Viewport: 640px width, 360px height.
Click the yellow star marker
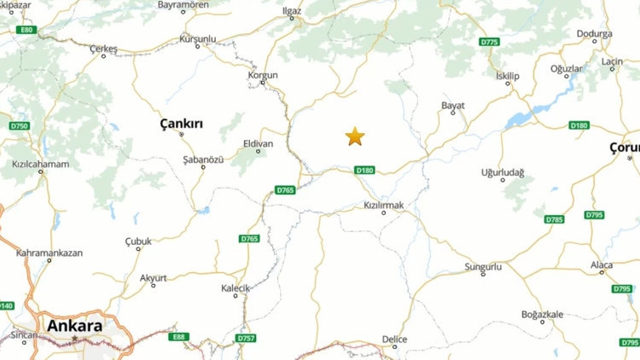[355, 136]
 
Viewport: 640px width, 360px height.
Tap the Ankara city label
[74, 326]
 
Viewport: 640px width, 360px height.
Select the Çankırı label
[182, 125]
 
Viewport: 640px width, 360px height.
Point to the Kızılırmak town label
[383, 206]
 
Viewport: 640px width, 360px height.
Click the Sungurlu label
[483, 268]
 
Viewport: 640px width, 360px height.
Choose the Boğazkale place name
[542, 314]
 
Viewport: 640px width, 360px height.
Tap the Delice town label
[394, 339]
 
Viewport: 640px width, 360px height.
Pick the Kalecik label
[236, 288]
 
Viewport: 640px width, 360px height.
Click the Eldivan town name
[258, 143]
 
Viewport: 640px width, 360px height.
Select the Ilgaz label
[293, 12]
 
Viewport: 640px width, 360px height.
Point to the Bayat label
[452, 106]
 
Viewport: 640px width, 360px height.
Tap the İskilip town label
[507, 76]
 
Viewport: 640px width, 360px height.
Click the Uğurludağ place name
[503, 172]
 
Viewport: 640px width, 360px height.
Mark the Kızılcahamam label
[40, 164]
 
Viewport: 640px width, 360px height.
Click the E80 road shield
[27, 30]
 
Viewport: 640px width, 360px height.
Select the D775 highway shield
[489, 42]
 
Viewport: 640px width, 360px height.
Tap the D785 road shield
[555, 219]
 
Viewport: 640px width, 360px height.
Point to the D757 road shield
[246, 339]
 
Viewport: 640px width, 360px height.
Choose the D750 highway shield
[19, 126]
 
